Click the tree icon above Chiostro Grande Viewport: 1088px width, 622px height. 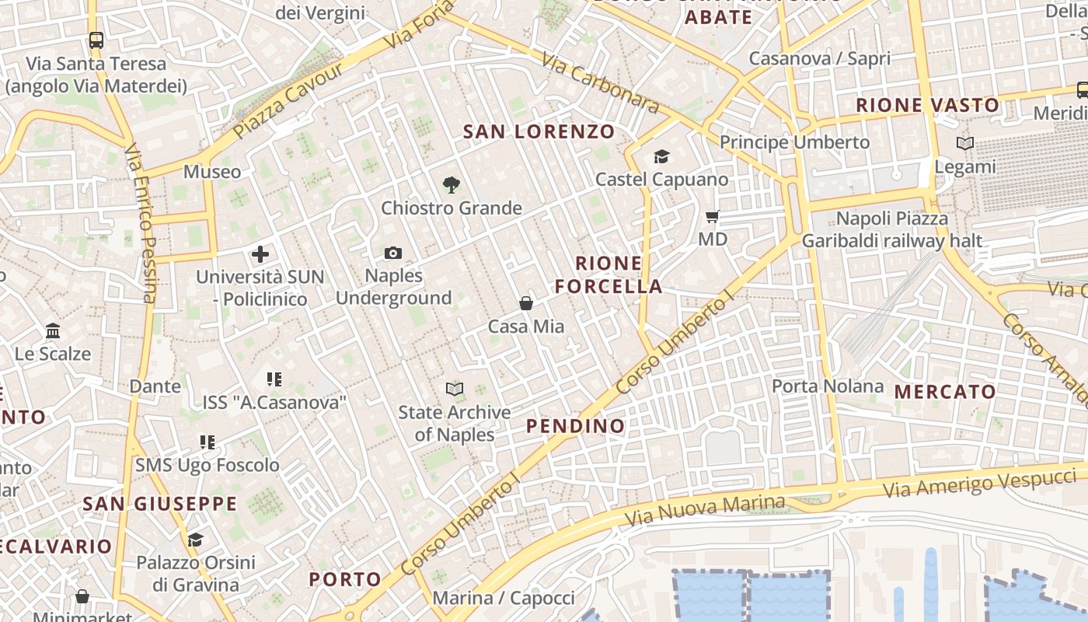pyautogui.click(x=451, y=185)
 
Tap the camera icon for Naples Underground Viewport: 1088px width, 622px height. pyautogui.click(x=393, y=253)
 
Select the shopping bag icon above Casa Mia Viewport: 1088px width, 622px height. pyautogui.click(x=526, y=303)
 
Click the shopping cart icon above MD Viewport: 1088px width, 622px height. pyautogui.click(x=713, y=216)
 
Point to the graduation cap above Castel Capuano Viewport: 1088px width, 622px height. pyautogui.click(x=661, y=157)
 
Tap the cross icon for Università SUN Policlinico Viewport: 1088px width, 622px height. pyautogui.click(x=260, y=254)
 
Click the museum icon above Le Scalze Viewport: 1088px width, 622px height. pyautogui.click(x=53, y=331)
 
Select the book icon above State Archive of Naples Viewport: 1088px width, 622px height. pyautogui.click(x=455, y=389)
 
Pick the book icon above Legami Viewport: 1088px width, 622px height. pyautogui.click(x=964, y=144)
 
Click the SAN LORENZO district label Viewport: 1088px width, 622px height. pyautogui.click(x=539, y=131)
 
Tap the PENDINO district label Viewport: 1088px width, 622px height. pyautogui.click(x=575, y=426)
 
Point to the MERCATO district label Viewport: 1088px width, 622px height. pyautogui.click(x=945, y=392)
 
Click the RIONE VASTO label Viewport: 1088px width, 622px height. pyautogui.click(x=927, y=105)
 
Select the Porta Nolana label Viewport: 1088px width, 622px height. pyautogui.click(x=828, y=386)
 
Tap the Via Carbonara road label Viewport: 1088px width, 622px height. pyautogui.click(x=601, y=83)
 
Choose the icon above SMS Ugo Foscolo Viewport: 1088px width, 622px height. pyautogui.click(x=207, y=442)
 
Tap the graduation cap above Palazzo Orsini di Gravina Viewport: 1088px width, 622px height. pyautogui.click(x=195, y=540)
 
